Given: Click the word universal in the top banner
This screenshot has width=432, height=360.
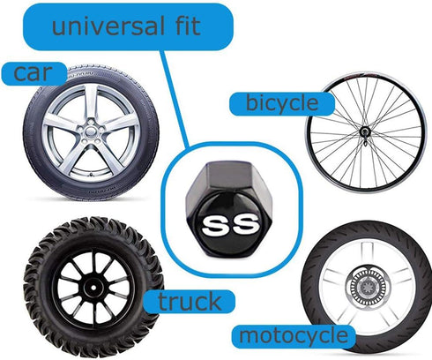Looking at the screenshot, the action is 108,26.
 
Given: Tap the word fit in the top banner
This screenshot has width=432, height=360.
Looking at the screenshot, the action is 187,26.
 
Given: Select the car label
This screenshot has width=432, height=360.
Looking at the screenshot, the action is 33,73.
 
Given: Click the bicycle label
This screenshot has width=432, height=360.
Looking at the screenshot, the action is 282,103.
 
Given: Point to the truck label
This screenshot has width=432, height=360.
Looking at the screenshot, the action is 190,302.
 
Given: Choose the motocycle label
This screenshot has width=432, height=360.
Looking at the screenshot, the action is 294,336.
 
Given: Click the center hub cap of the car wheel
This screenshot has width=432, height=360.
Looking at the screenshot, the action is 91,131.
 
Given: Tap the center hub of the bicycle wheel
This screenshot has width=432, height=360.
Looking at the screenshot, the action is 365,131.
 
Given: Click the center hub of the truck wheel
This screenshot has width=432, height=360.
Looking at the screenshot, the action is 93,288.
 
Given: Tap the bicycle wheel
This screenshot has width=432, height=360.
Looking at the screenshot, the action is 366,131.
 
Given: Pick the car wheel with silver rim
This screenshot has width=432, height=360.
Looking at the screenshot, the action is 91,132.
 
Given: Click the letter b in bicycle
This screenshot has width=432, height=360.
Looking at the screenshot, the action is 251,102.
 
